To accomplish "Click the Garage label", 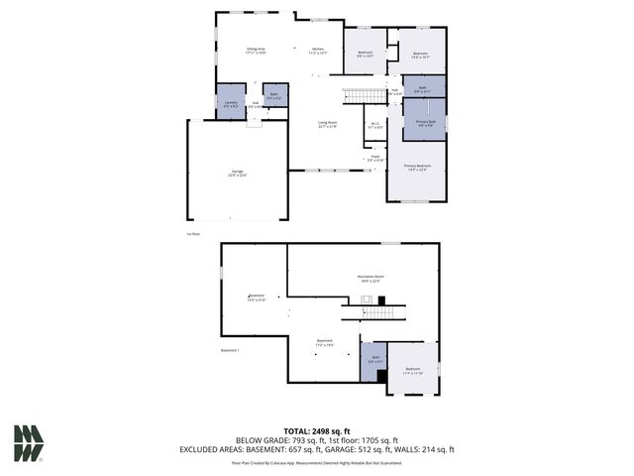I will pyautogui.click(x=238, y=173).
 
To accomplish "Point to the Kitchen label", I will pyautogui.click(x=318, y=51).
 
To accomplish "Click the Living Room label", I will pyautogui.click(x=328, y=125).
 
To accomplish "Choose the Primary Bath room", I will pyautogui.click(x=424, y=123).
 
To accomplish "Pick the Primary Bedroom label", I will pyautogui.click(x=417, y=167).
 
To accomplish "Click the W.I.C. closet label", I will pyautogui.click(x=374, y=125).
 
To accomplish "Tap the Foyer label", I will pyautogui.click(x=375, y=158).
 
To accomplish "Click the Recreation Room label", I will pyautogui.click(x=370, y=278).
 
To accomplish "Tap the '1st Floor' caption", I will pyautogui.click(x=193, y=234).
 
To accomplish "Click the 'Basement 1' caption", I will pyautogui.click(x=231, y=350).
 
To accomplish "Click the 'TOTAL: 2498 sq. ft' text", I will pyautogui.click(x=316, y=430).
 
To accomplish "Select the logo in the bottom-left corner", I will pyautogui.click(x=29, y=443).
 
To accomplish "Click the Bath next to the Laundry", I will pyautogui.click(x=275, y=96).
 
